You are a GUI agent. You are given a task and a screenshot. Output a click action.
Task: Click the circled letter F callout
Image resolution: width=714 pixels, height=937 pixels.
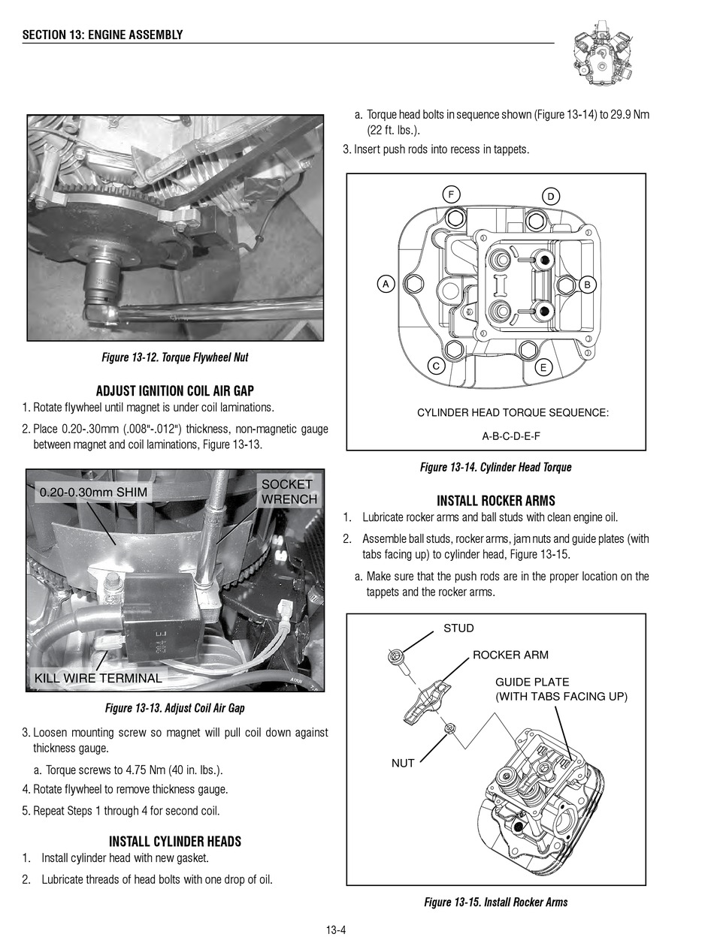451,193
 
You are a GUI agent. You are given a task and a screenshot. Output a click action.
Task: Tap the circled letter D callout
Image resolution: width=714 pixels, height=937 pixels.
550,197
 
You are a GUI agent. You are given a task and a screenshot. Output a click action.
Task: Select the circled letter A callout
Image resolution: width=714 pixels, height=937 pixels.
385,284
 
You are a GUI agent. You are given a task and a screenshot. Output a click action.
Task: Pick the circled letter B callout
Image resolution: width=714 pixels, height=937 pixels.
588,285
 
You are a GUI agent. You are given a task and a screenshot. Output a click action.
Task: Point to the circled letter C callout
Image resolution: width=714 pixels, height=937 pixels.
435,366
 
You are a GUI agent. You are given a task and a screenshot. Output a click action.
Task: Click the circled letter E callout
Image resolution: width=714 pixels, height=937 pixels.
543,368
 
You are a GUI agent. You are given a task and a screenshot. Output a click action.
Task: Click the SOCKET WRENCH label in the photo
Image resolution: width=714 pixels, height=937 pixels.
289,492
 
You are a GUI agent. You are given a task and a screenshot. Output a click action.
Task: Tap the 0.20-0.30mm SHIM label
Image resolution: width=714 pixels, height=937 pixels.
93,493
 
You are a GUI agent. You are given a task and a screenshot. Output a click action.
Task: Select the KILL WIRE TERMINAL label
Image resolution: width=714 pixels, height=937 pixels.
98,678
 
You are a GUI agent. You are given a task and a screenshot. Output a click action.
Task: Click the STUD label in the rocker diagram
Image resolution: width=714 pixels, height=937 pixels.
458,628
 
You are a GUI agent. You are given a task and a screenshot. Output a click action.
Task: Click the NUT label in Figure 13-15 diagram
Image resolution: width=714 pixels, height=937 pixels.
403,763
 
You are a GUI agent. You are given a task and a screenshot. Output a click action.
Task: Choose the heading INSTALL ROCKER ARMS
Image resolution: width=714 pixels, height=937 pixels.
495,501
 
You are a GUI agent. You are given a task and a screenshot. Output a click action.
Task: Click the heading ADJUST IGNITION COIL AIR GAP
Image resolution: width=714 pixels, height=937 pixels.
175,391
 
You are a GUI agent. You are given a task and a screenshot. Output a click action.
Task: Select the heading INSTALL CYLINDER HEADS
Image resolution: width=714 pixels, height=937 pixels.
175,842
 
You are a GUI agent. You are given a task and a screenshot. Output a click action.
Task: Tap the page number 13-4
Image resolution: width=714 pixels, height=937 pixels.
335,931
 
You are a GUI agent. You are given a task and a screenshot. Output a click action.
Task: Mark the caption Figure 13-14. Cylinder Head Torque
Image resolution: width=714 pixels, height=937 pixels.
495,467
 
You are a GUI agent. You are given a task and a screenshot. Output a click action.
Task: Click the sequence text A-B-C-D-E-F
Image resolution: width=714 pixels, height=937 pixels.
511,435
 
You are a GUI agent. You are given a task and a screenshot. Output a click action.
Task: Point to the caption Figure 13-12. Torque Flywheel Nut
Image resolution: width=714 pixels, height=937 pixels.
175,357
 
